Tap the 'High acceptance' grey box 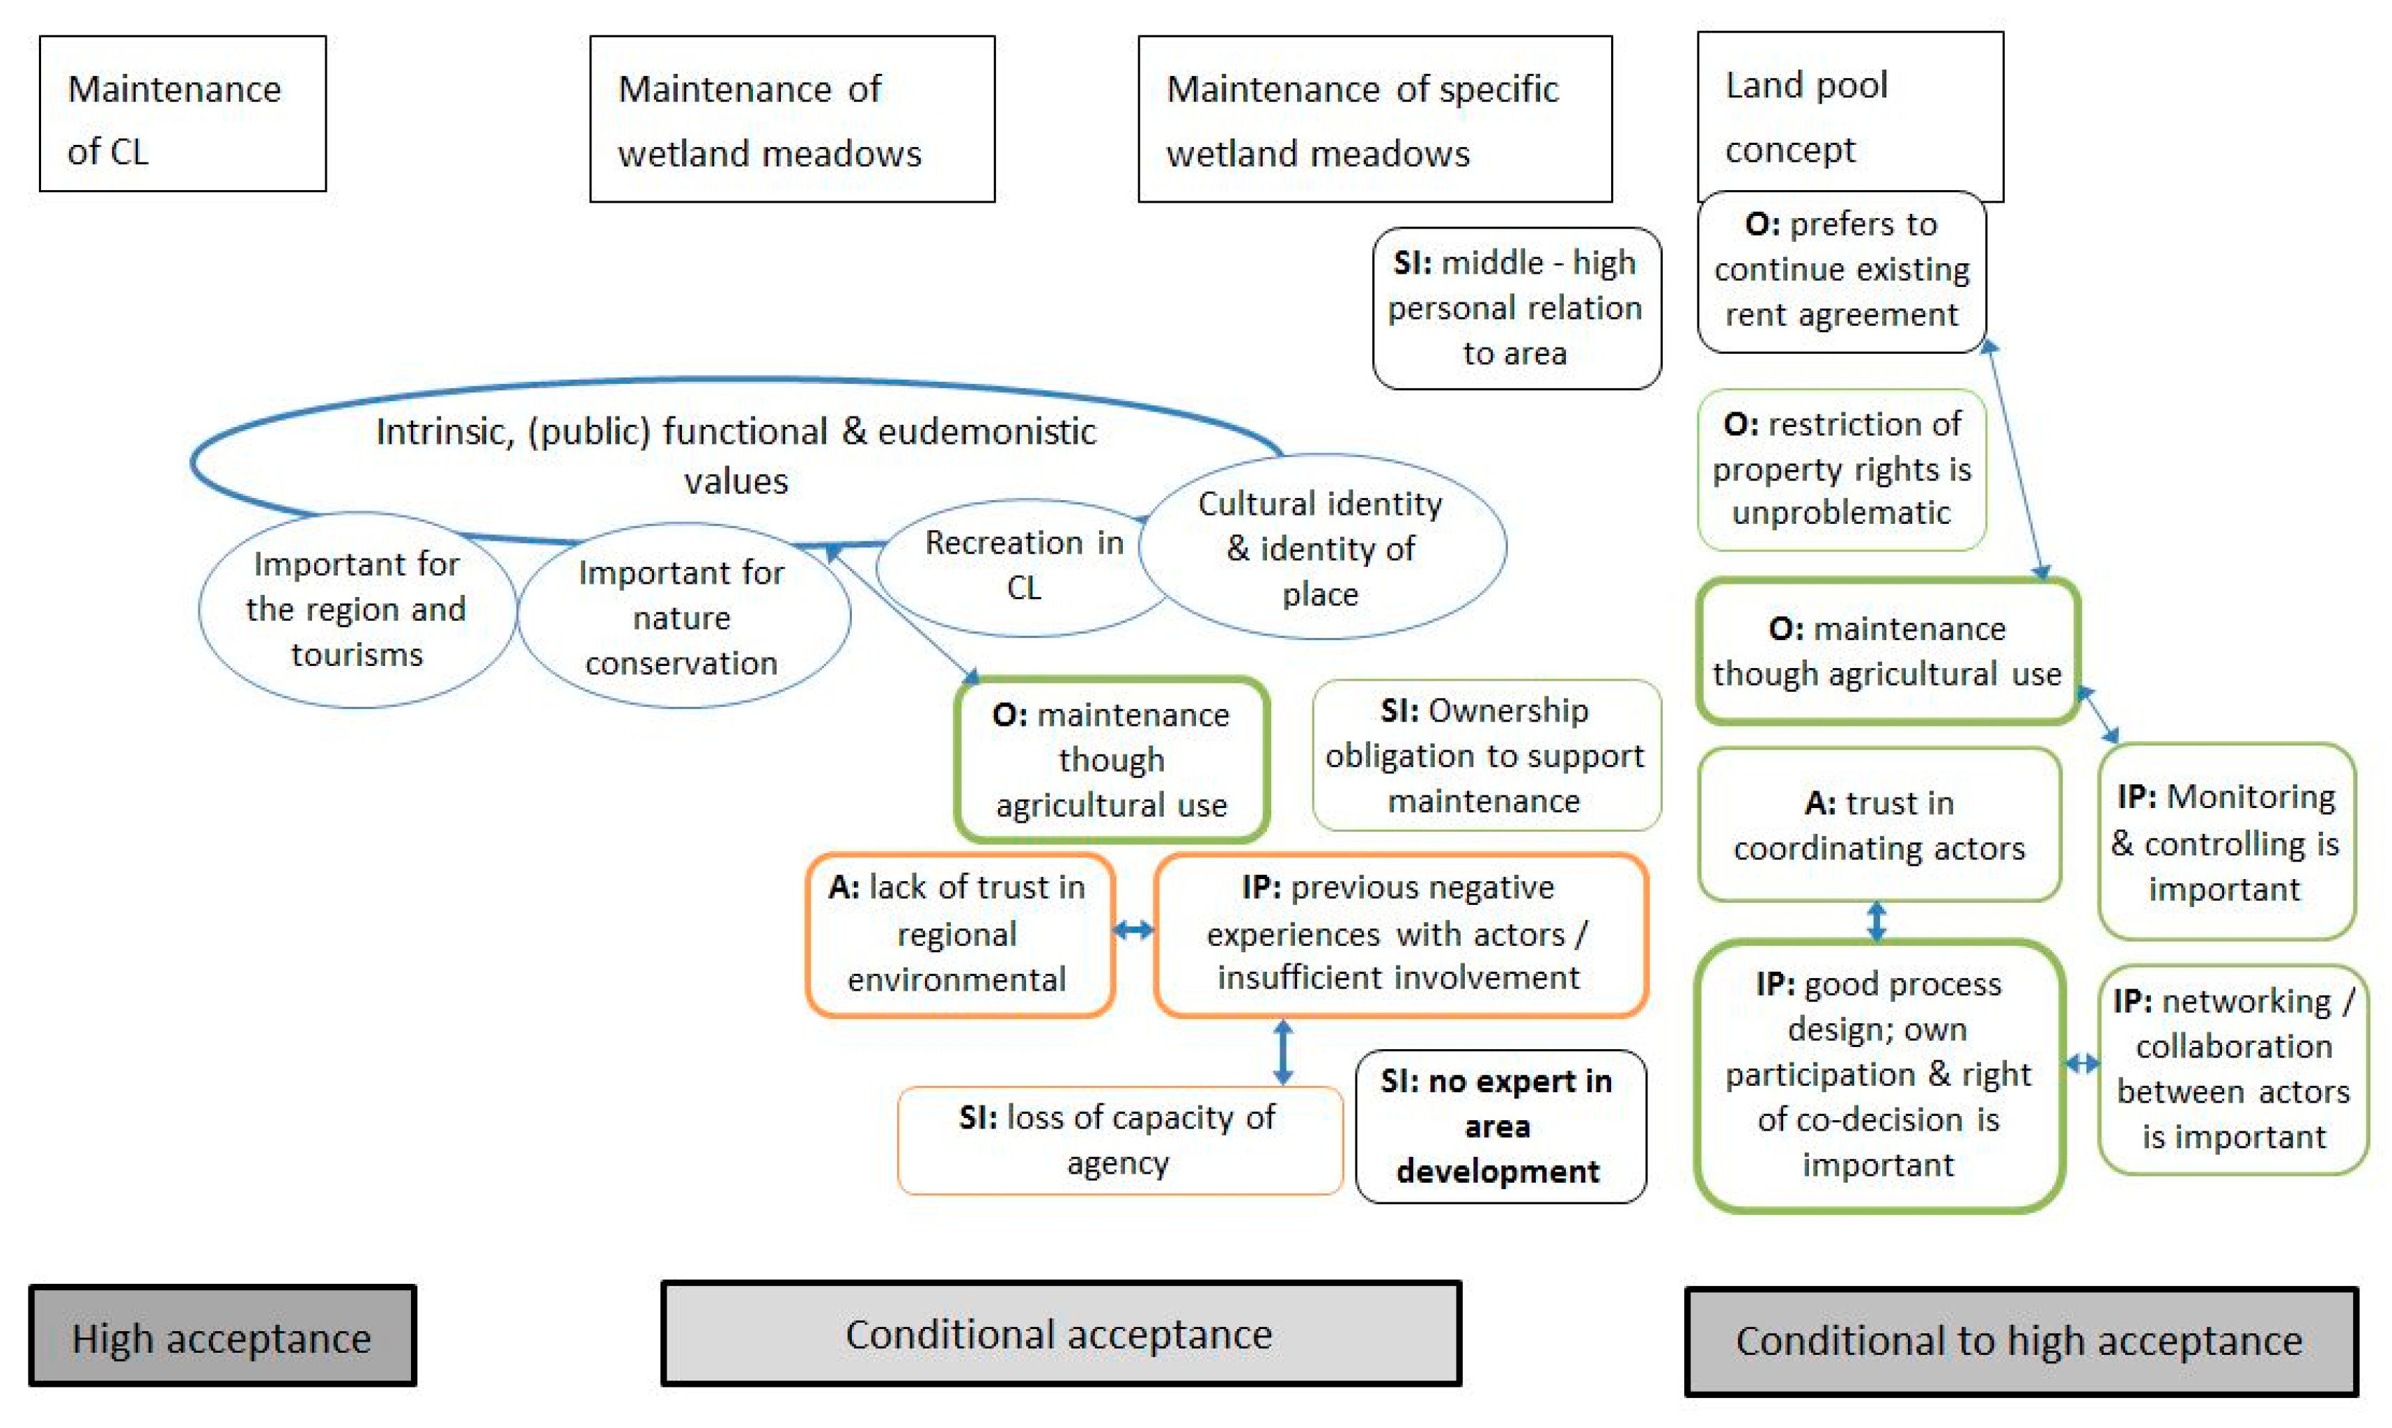(x=222, y=1337)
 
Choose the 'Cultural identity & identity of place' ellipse (x=1321, y=548)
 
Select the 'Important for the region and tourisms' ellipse (x=356, y=609)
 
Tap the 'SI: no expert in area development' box (x=1499, y=1126)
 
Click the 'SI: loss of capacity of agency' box (x=1118, y=1140)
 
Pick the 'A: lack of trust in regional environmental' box (x=959, y=933)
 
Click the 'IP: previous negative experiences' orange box (x=1400, y=933)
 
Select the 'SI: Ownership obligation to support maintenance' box (x=1486, y=755)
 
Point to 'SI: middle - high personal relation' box (x=1516, y=308)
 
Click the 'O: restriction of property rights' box (x=1840, y=469)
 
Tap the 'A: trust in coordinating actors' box (x=1878, y=825)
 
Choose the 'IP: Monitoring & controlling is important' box (x=2225, y=842)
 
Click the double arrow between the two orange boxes (x=1133, y=929)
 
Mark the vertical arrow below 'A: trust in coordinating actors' (x=1877, y=921)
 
